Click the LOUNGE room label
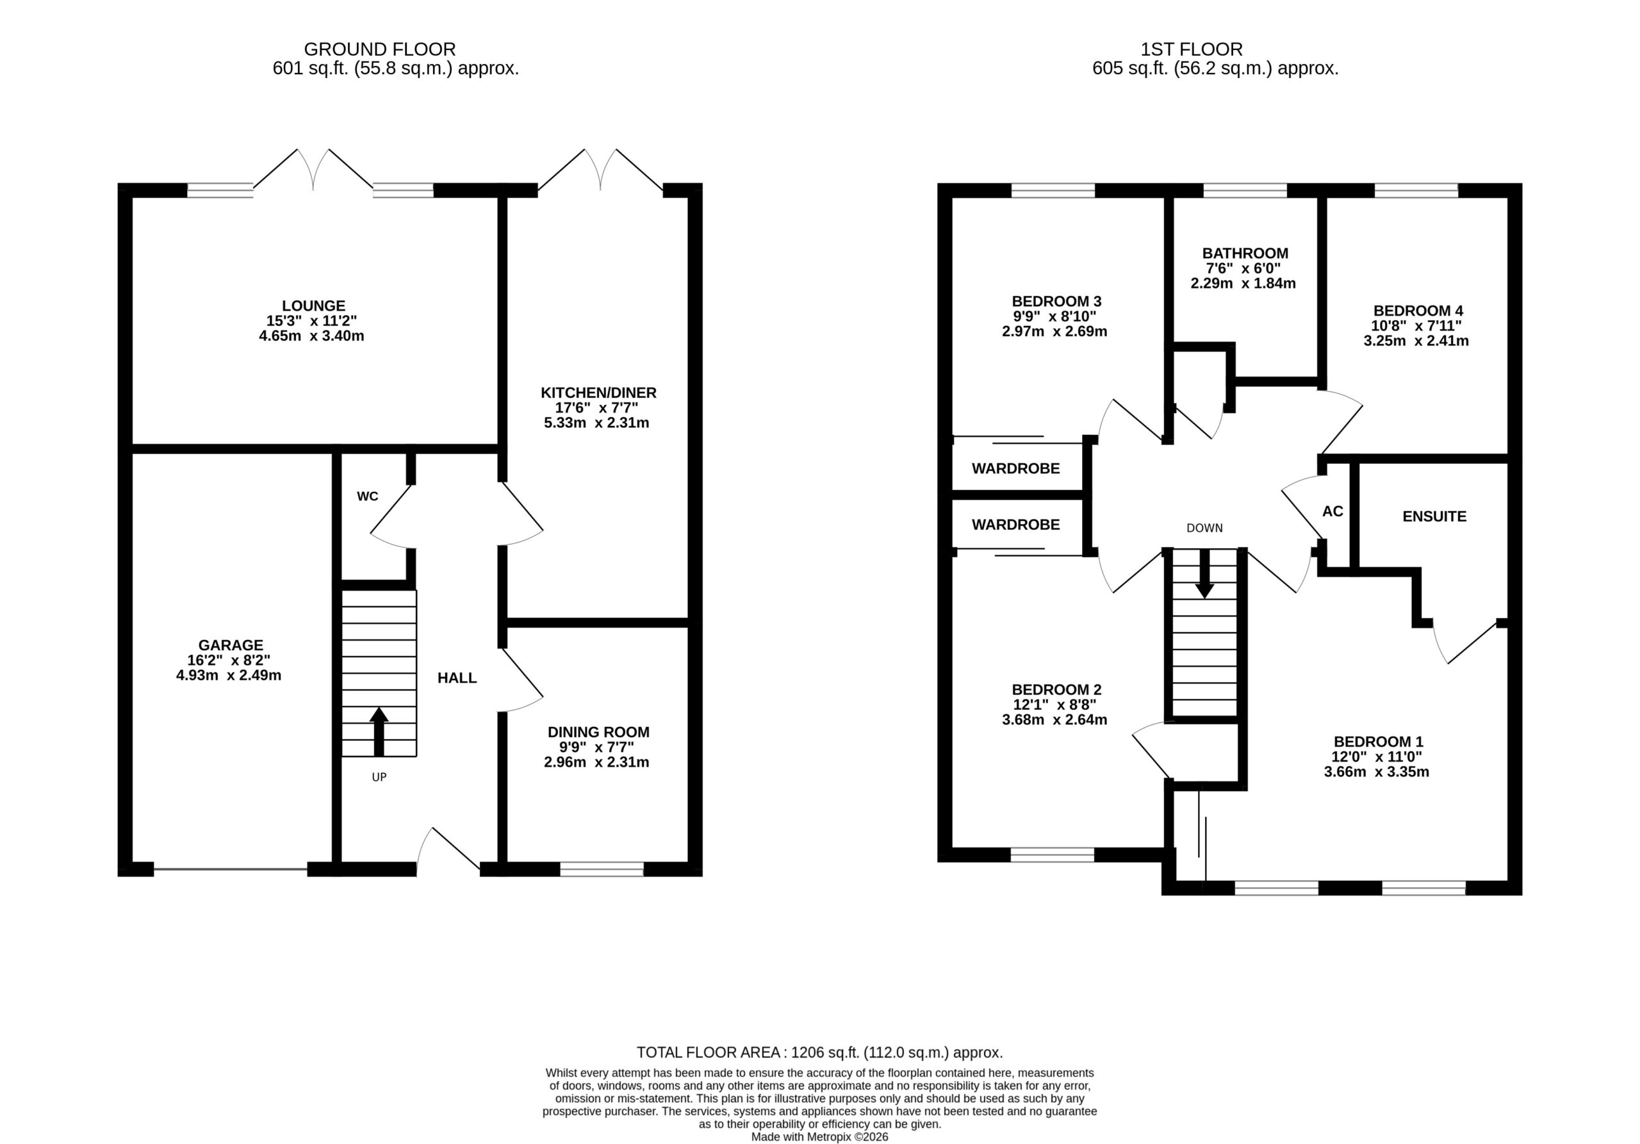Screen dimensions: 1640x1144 313,306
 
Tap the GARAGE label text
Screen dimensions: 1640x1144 231,645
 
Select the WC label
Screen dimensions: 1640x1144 368,496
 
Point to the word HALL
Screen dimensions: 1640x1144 457,678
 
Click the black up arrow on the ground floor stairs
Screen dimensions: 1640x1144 379,731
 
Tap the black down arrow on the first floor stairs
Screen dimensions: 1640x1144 1205,573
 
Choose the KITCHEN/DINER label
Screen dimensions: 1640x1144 598,392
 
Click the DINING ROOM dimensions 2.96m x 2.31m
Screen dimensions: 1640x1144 596,762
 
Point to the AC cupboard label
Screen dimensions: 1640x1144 1333,511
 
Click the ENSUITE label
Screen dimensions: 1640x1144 1434,516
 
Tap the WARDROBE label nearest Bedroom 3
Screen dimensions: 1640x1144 1016,468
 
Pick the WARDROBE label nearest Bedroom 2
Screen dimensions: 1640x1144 1016,524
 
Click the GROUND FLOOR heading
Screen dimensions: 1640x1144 380,49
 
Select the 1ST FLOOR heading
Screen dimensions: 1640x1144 1192,49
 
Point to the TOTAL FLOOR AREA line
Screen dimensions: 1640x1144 820,1052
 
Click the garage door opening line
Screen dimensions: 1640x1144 231,869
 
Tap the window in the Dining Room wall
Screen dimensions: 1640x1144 602,869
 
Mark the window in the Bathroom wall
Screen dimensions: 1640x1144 1245,191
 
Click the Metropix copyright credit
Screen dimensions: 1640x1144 820,1137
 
